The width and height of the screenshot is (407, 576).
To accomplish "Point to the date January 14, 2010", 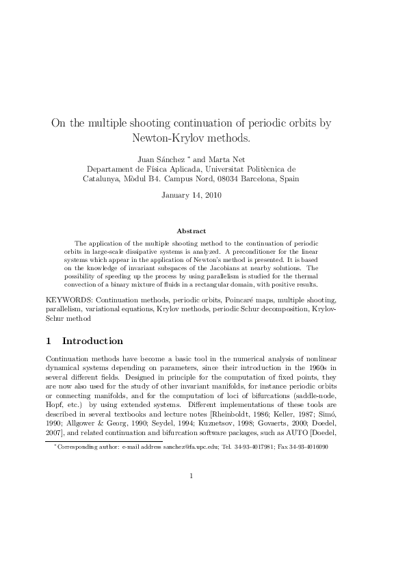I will (x=191, y=195).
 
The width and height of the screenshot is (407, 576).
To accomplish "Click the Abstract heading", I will (x=191, y=231).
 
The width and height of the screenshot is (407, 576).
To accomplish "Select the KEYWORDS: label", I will (x=69, y=300).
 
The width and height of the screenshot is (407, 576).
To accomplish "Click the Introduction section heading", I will (x=92, y=341).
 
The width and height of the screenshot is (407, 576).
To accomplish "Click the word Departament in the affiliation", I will (x=109, y=169).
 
